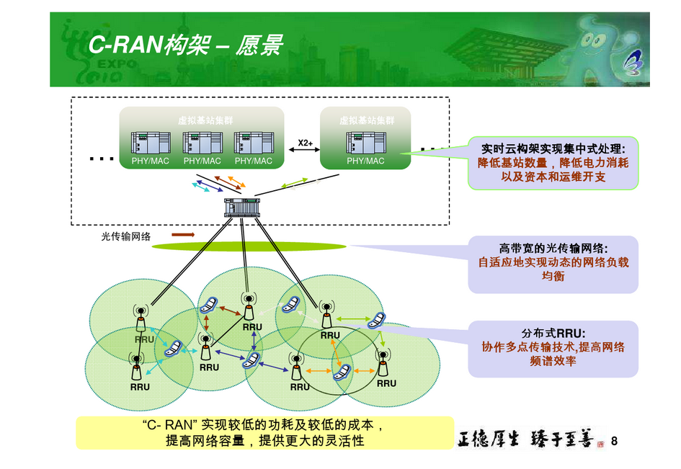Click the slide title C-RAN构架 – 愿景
point(185,45)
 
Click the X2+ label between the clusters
point(305,143)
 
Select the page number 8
point(614,441)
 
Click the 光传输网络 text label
point(125,236)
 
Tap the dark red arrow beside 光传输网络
point(183,235)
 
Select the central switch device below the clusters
point(241,207)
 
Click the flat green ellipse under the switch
point(249,247)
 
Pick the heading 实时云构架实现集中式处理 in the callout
point(553,149)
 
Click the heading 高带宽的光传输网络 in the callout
point(553,248)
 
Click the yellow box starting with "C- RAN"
point(264,433)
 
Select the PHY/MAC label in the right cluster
point(365,161)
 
